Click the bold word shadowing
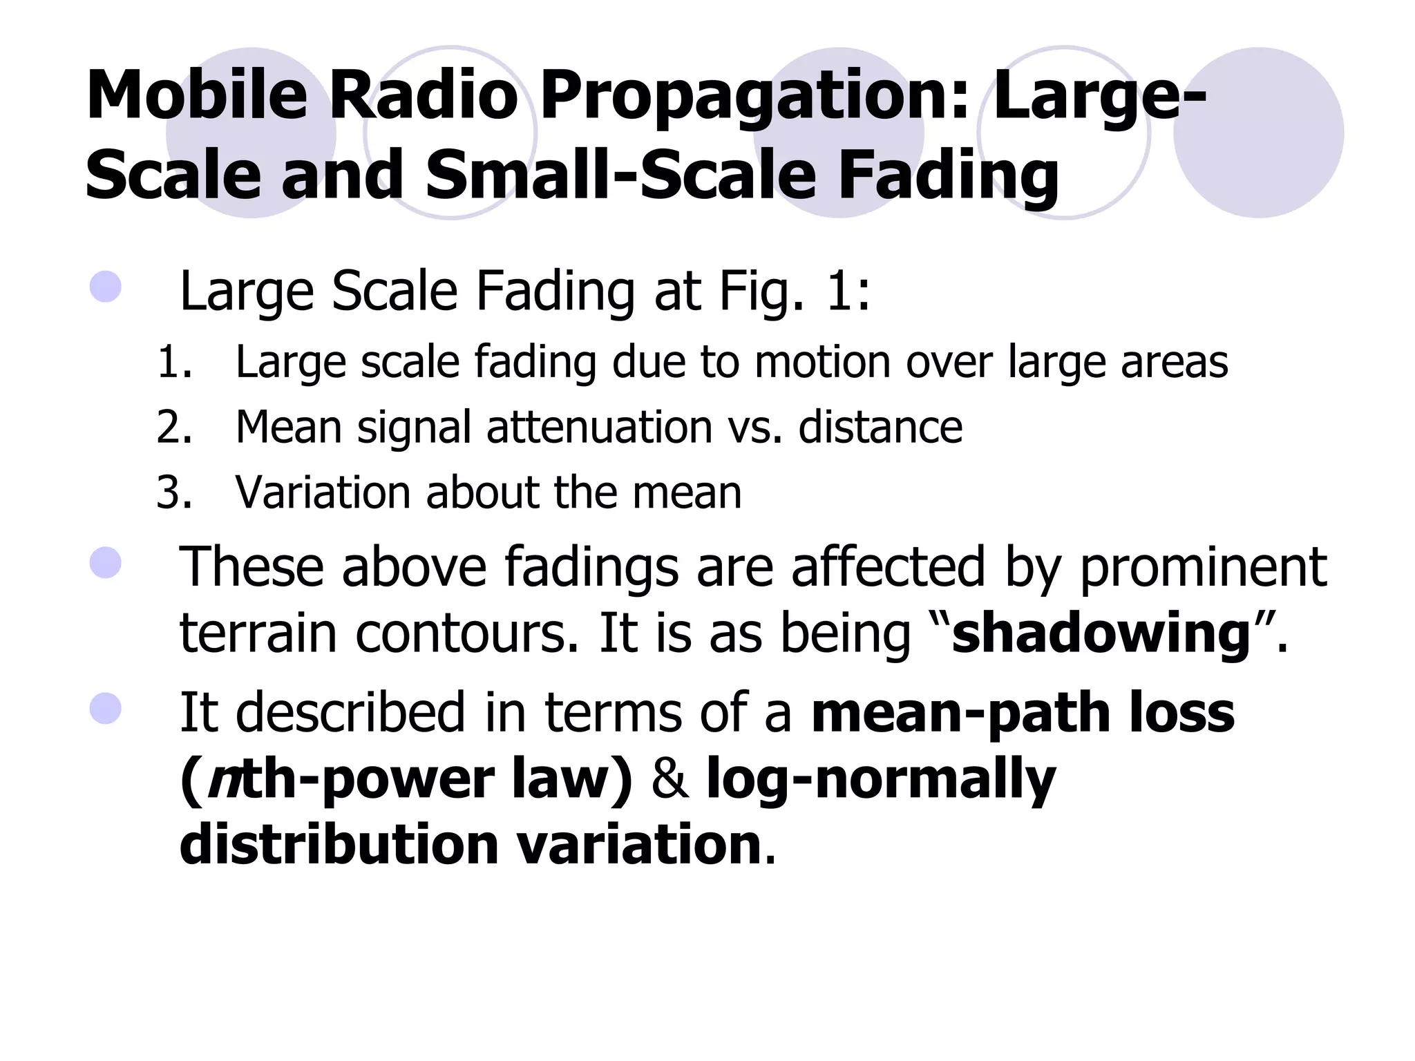(1101, 633)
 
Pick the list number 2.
(173, 427)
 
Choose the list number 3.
(173, 493)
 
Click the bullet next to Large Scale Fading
(106, 286)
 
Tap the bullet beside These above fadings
(106, 562)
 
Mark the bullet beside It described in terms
(106, 708)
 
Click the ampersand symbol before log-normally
(669, 778)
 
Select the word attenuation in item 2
(599, 427)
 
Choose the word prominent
(1202, 567)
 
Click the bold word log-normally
(880, 778)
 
